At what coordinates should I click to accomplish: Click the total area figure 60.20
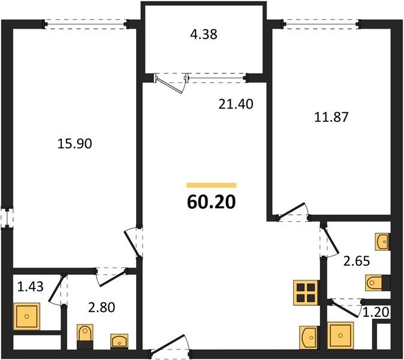pyautogui.click(x=211, y=202)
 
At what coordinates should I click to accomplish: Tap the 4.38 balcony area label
pyautogui.click(x=204, y=34)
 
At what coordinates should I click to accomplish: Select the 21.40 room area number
pyautogui.click(x=236, y=104)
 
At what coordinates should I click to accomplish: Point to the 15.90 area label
pyautogui.click(x=74, y=143)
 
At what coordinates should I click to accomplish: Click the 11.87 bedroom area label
pyautogui.click(x=331, y=117)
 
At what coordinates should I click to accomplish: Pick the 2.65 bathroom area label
pyautogui.click(x=357, y=261)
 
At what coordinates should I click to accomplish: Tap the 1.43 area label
pyautogui.click(x=30, y=287)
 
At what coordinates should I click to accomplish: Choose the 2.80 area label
pyautogui.click(x=101, y=307)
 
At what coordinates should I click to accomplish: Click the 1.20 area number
pyautogui.click(x=376, y=312)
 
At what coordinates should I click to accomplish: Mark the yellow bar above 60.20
pyautogui.click(x=212, y=185)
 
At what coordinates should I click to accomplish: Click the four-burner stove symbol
pyautogui.click(x=306, y=293)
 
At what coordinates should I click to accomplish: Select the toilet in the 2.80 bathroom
pyautogui.click(x=85, y=337)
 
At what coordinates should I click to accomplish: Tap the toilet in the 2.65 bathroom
pyautogui.click(x=378, y=283)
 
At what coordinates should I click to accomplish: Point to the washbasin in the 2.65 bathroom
pyautogui.click(x=383, y=242)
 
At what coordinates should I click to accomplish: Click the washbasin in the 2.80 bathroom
pyautogui.click(x=119, y=341)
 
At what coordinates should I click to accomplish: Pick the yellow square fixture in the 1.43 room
pyautogui.click(x=27, y=316)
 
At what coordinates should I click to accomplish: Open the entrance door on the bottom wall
pyautogui.click(x=170, y=347)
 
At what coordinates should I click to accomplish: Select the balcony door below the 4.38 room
pyautogui.click(x=171, y=83)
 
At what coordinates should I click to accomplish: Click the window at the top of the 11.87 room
pyautogui.click(x=321, y=24)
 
